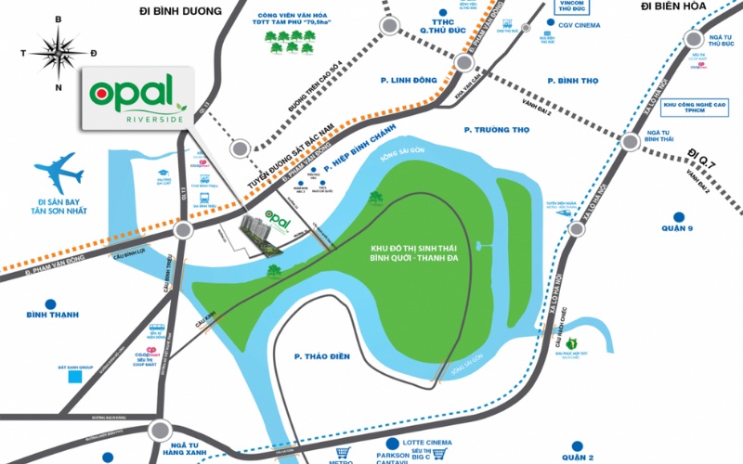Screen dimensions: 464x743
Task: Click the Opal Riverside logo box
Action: coord(138,96)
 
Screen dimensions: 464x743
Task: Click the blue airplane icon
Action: coord(59,174)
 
